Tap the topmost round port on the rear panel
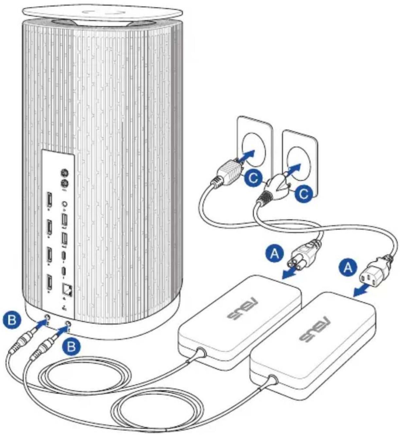(65, 174)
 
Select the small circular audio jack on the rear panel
(65, 204)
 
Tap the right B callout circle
(71, 346)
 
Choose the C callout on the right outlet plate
(304, 193)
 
